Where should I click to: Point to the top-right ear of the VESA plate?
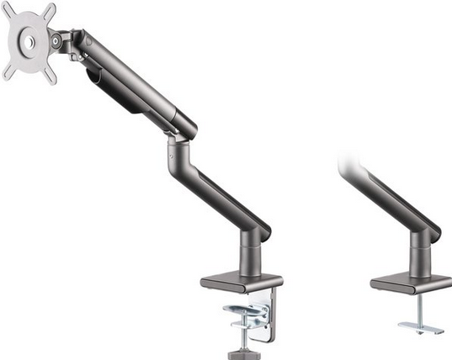pyautogui.click(x=49, y=11)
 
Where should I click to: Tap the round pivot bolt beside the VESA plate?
pyautogui.click(x=56, y=40)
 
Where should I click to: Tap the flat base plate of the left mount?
pyautogui.click(x=241, y=282)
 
